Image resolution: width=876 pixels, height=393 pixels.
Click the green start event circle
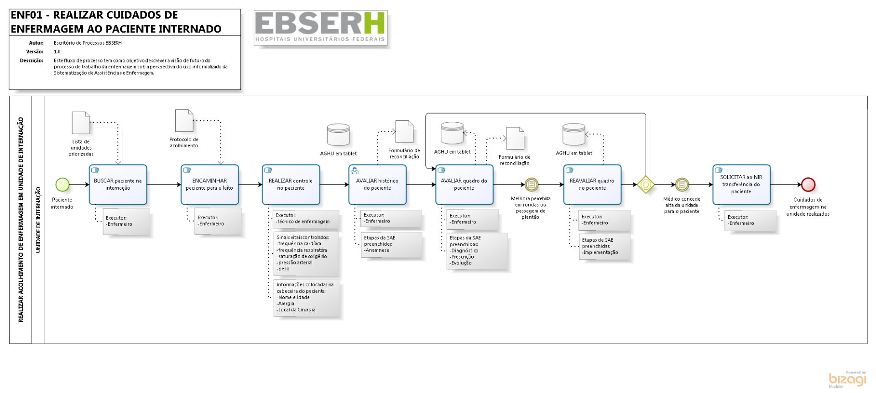pos(63,185)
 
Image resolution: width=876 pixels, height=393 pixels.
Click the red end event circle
pos(808,185)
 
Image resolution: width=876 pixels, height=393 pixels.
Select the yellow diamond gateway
pos(646,185)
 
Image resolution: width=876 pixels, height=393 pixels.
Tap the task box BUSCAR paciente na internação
pos(118,185)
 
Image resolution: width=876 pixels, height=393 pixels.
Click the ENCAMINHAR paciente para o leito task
pos(209,185)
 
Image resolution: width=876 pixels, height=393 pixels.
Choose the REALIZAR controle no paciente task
pos(291,185)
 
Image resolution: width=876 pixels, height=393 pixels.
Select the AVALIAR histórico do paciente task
pos(377,185)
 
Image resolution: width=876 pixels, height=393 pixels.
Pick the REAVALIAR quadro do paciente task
pos(592,185)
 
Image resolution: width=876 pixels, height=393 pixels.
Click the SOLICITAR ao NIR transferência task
pos(741,185)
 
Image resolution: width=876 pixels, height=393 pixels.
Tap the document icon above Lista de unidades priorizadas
pos(81,123)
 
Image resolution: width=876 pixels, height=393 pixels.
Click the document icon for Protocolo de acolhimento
pos(184,121)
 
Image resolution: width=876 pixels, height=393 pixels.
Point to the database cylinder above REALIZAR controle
pos(338,135)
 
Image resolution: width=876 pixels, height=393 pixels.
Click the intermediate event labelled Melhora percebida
pos(531,185)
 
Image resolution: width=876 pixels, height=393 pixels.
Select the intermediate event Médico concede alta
pos(682,185)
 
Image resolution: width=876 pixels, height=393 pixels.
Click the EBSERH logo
pos(320,27)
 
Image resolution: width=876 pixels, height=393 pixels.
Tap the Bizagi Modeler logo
pos(847,379)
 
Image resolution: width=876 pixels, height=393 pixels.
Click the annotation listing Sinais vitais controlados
pos(306,253)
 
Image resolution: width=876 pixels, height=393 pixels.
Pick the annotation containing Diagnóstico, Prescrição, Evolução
pos(477,251)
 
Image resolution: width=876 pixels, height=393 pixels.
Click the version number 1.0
pos(57,52)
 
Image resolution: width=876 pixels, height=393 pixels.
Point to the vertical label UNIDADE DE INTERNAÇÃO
pos(38,220)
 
